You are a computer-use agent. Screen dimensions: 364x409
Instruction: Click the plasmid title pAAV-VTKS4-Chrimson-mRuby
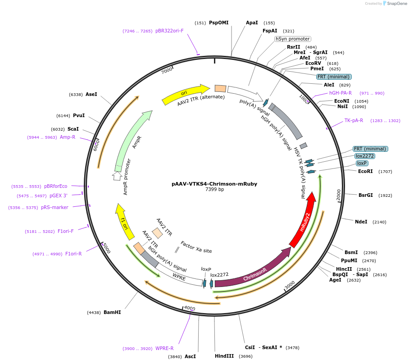214,184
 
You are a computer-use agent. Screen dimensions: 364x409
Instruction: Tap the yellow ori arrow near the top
185,93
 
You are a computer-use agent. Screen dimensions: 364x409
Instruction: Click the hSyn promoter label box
293,39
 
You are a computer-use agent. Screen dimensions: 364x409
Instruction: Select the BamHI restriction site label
112,312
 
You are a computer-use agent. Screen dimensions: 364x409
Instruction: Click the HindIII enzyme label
224,356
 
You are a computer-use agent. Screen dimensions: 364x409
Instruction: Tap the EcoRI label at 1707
365,171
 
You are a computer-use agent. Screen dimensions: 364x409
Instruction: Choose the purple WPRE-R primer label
164,348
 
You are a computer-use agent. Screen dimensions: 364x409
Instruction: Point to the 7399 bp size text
214,190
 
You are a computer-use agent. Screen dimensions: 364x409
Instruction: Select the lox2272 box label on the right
364,156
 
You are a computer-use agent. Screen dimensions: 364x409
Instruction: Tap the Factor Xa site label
196,247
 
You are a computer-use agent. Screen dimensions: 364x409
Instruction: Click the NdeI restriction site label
361,222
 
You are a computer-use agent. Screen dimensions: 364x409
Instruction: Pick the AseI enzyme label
91,94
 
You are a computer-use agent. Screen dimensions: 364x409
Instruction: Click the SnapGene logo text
395,4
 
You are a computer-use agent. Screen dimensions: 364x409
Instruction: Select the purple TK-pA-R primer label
354,120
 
